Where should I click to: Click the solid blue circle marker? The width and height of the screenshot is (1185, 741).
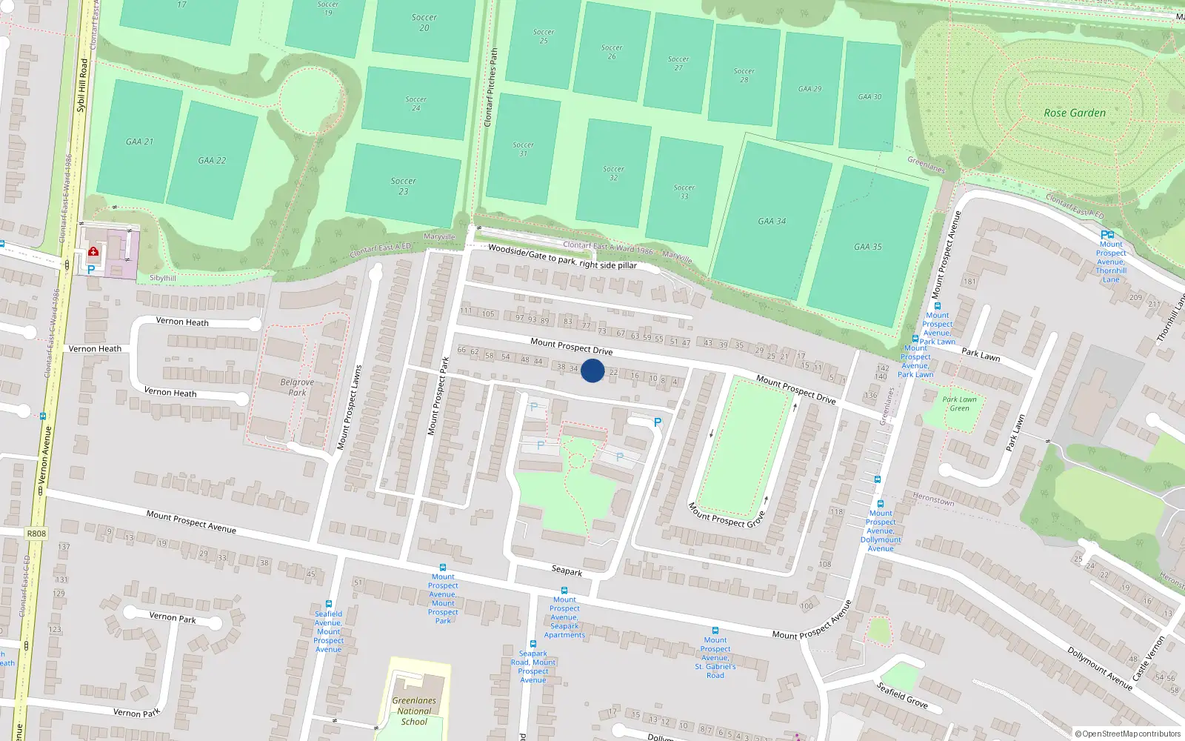(x=592, y=370)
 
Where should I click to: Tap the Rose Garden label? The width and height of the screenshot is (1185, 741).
(x=1074, y=113)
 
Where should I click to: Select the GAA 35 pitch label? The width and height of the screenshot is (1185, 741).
(x=867, y=247)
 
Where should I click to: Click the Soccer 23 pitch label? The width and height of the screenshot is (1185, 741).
(x=403, y=186)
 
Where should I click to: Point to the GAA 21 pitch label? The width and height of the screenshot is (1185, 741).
(x=139, y=142)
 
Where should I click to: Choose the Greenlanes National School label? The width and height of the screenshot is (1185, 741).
(x=414, y=711)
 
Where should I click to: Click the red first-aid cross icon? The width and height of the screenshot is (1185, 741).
(x=93, y=252)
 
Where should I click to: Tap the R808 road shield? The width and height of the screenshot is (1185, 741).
(x=36, y=533)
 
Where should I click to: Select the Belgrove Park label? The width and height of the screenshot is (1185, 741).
(x=297, y=387)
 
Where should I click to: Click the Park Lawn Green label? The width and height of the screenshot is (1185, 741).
(x=959, y=404)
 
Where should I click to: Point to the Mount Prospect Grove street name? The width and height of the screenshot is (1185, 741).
(x=726, y=515)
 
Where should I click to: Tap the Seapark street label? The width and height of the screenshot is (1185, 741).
(x=567, y=571)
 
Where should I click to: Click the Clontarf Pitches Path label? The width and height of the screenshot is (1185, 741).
(x=491, y=87)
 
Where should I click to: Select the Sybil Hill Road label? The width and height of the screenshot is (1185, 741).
(x=81, y=86)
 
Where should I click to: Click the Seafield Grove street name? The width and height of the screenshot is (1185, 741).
(x=902, y=694)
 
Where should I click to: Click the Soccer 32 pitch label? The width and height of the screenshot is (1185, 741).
(x=613, y=173)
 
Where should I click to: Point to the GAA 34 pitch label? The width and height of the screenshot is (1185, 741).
(x=772, y=221)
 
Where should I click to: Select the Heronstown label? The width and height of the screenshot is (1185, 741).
(x=933, y=499)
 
